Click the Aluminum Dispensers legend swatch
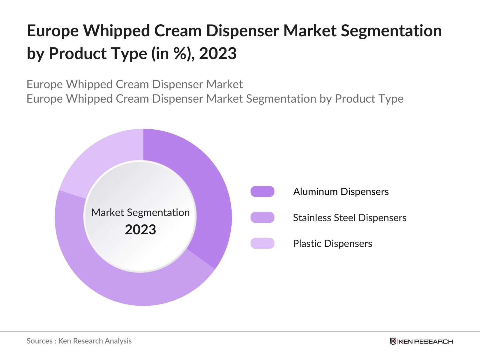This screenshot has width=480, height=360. click(262, 191)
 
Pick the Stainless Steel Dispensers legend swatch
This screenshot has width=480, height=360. click(262, 217)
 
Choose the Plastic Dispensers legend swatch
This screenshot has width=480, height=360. click(262, 243)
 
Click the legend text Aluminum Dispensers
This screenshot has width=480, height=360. click(341, 191)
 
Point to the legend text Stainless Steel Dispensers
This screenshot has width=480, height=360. click(349, 217)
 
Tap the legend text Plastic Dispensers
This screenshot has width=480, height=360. click(332, 243)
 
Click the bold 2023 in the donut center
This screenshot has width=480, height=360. click(140, 230)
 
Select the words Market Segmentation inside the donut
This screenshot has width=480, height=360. click(140, 212)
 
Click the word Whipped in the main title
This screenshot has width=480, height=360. click(116, 31)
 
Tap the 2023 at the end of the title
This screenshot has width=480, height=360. click(218, 54)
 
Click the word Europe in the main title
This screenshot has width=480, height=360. click(53, 31)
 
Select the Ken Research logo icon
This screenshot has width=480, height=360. click(393, 341)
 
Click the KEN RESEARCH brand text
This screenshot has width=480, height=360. click(426, 341)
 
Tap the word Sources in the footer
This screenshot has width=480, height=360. click(39, 341)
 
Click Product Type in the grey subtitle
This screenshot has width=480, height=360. click(369, 99)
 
